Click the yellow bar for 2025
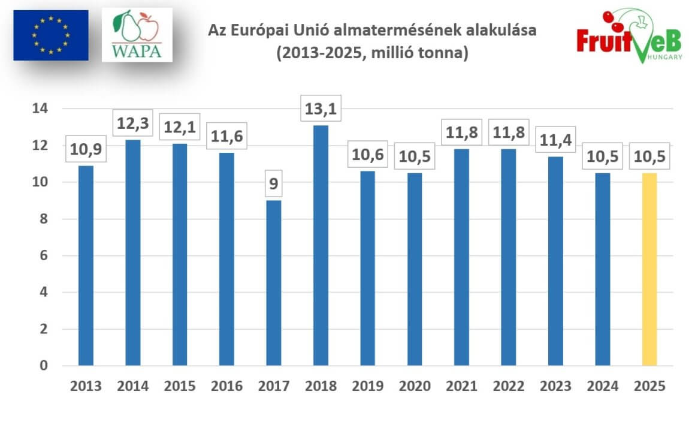click(649, 269)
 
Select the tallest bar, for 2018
click(321, 245)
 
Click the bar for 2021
click(461, 257)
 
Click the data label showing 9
click(274, 183)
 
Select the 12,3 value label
click(132, 124)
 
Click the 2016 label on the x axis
click(226, 386)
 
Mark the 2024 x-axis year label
click(602, 386)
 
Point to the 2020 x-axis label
click(414, 386)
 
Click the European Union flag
click(51, 35)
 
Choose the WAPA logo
click(137, 35)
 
